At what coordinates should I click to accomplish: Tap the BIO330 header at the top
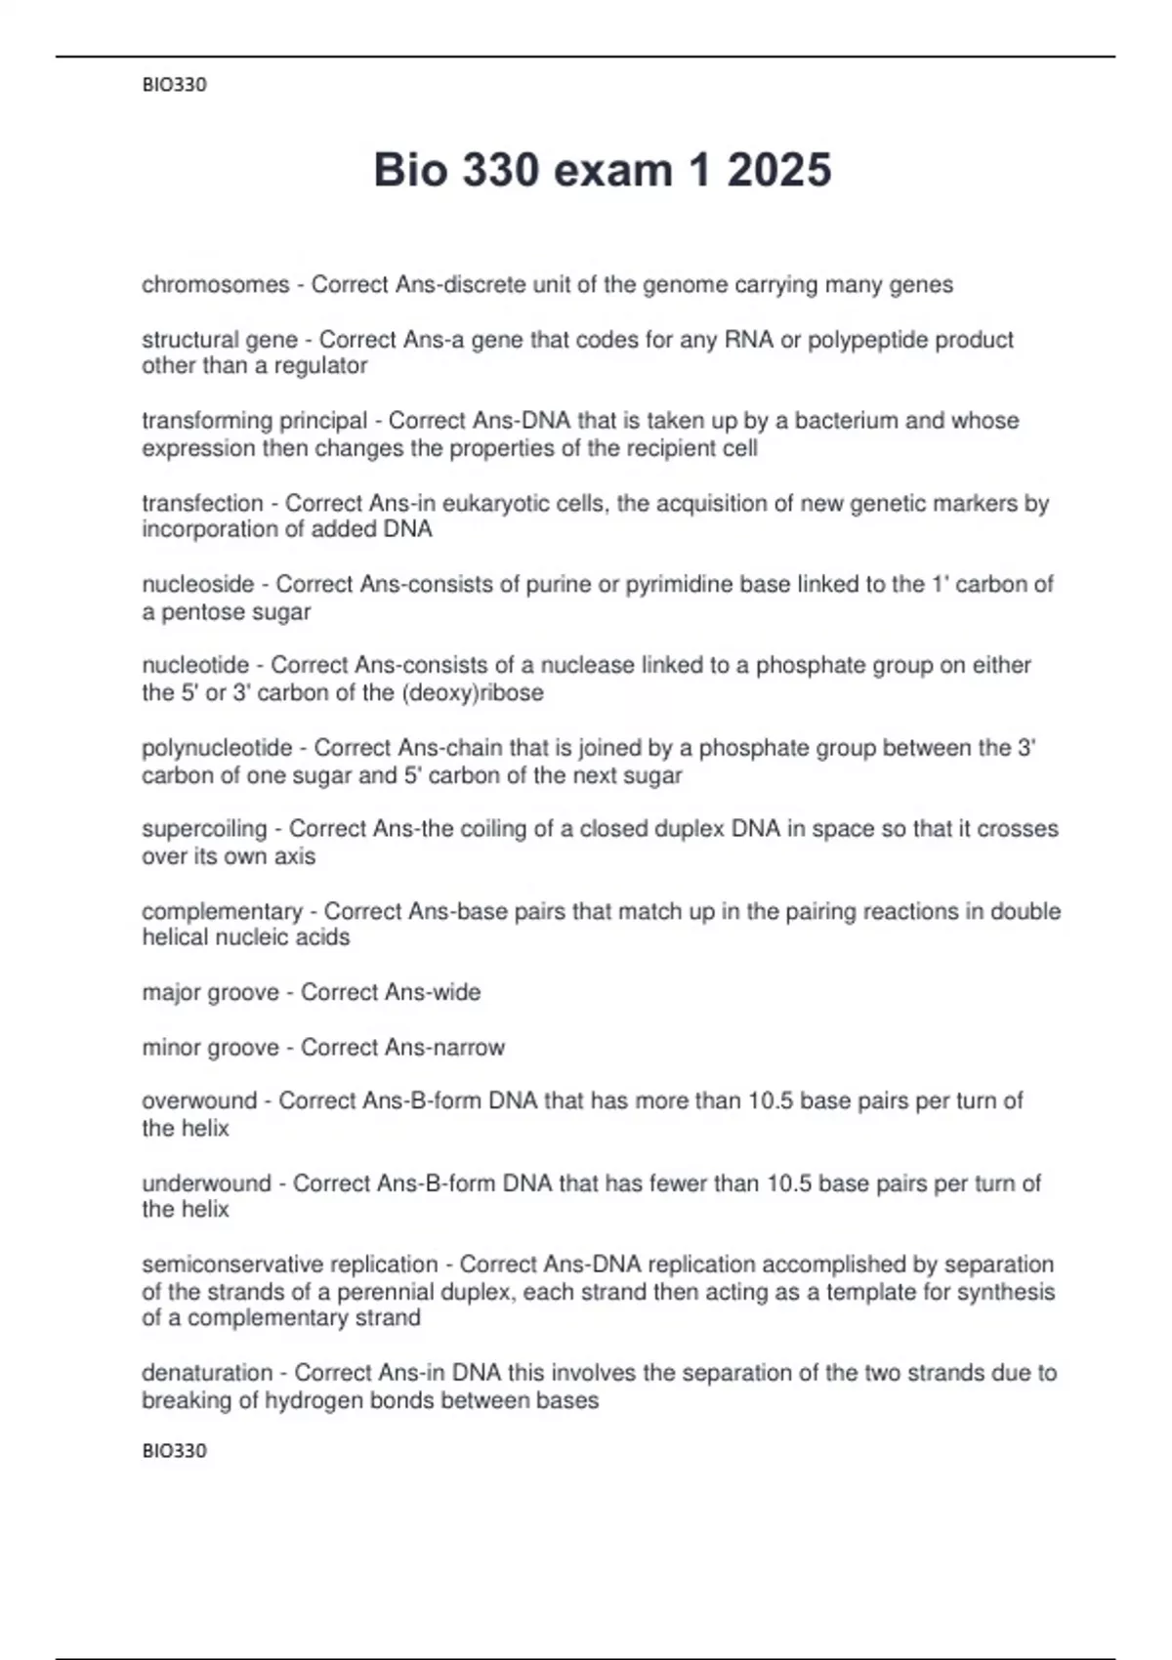click(x=174, y=85)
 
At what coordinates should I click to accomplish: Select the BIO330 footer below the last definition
click(x=174, y=1450)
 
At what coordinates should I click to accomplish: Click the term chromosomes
click(x=216, y=285)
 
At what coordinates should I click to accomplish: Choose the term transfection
click(x=202, y=504)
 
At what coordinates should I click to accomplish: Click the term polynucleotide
click(x=217, y=748)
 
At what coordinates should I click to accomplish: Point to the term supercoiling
click(x=204, y=829)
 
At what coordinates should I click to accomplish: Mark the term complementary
click(x=222, y=911)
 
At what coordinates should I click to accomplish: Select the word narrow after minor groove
click(x=465, y=1048)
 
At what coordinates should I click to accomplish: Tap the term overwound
click(x=199, y=1101)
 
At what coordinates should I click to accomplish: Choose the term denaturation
click(x=207, y=1373)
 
